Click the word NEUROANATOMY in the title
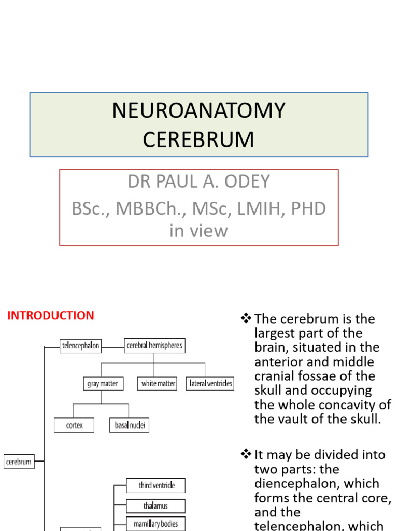pos(199,111)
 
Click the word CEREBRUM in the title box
pos(199,139)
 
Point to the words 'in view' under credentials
pos(198,230)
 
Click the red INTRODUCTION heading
pos(50,315)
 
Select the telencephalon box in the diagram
pos(80,345)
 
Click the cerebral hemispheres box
pos(154,345)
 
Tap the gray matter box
pos(102,384)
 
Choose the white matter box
pos(158,384)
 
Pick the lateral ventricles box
pos(210,384)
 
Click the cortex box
pos(75,425)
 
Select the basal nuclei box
pos(130,425)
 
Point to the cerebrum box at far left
pos(19,461)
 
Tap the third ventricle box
pos(156,485)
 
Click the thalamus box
pos(156,505)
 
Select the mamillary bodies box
pos(156,524)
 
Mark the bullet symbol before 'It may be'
pos(246,455)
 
